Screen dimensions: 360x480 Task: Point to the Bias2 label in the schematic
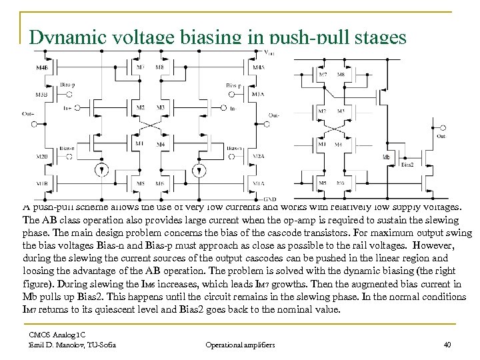click(x=408, y=163)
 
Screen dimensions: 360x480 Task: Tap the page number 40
click(x=447, y=345)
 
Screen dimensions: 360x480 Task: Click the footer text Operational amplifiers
click(x=240, y=345)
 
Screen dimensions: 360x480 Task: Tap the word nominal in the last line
click(x=289, y=310)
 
